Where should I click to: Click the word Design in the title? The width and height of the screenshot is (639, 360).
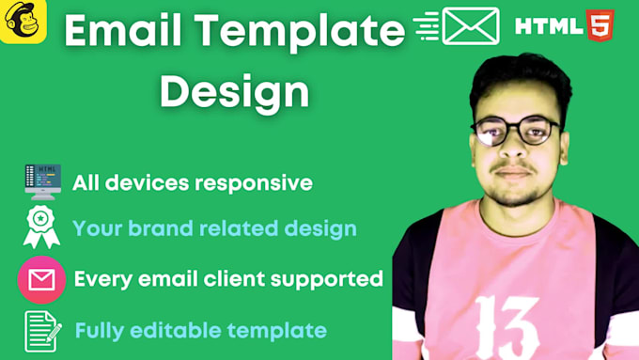click(234, 91)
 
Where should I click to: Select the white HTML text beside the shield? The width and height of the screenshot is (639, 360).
click(549, 25)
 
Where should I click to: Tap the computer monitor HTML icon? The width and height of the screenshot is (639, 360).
click(42, 181)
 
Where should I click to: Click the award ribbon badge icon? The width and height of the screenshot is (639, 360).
click(42, 228)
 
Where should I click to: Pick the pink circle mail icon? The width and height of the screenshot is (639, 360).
click(41, 279)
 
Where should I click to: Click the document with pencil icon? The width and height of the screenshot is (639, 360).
click(42, 331)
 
